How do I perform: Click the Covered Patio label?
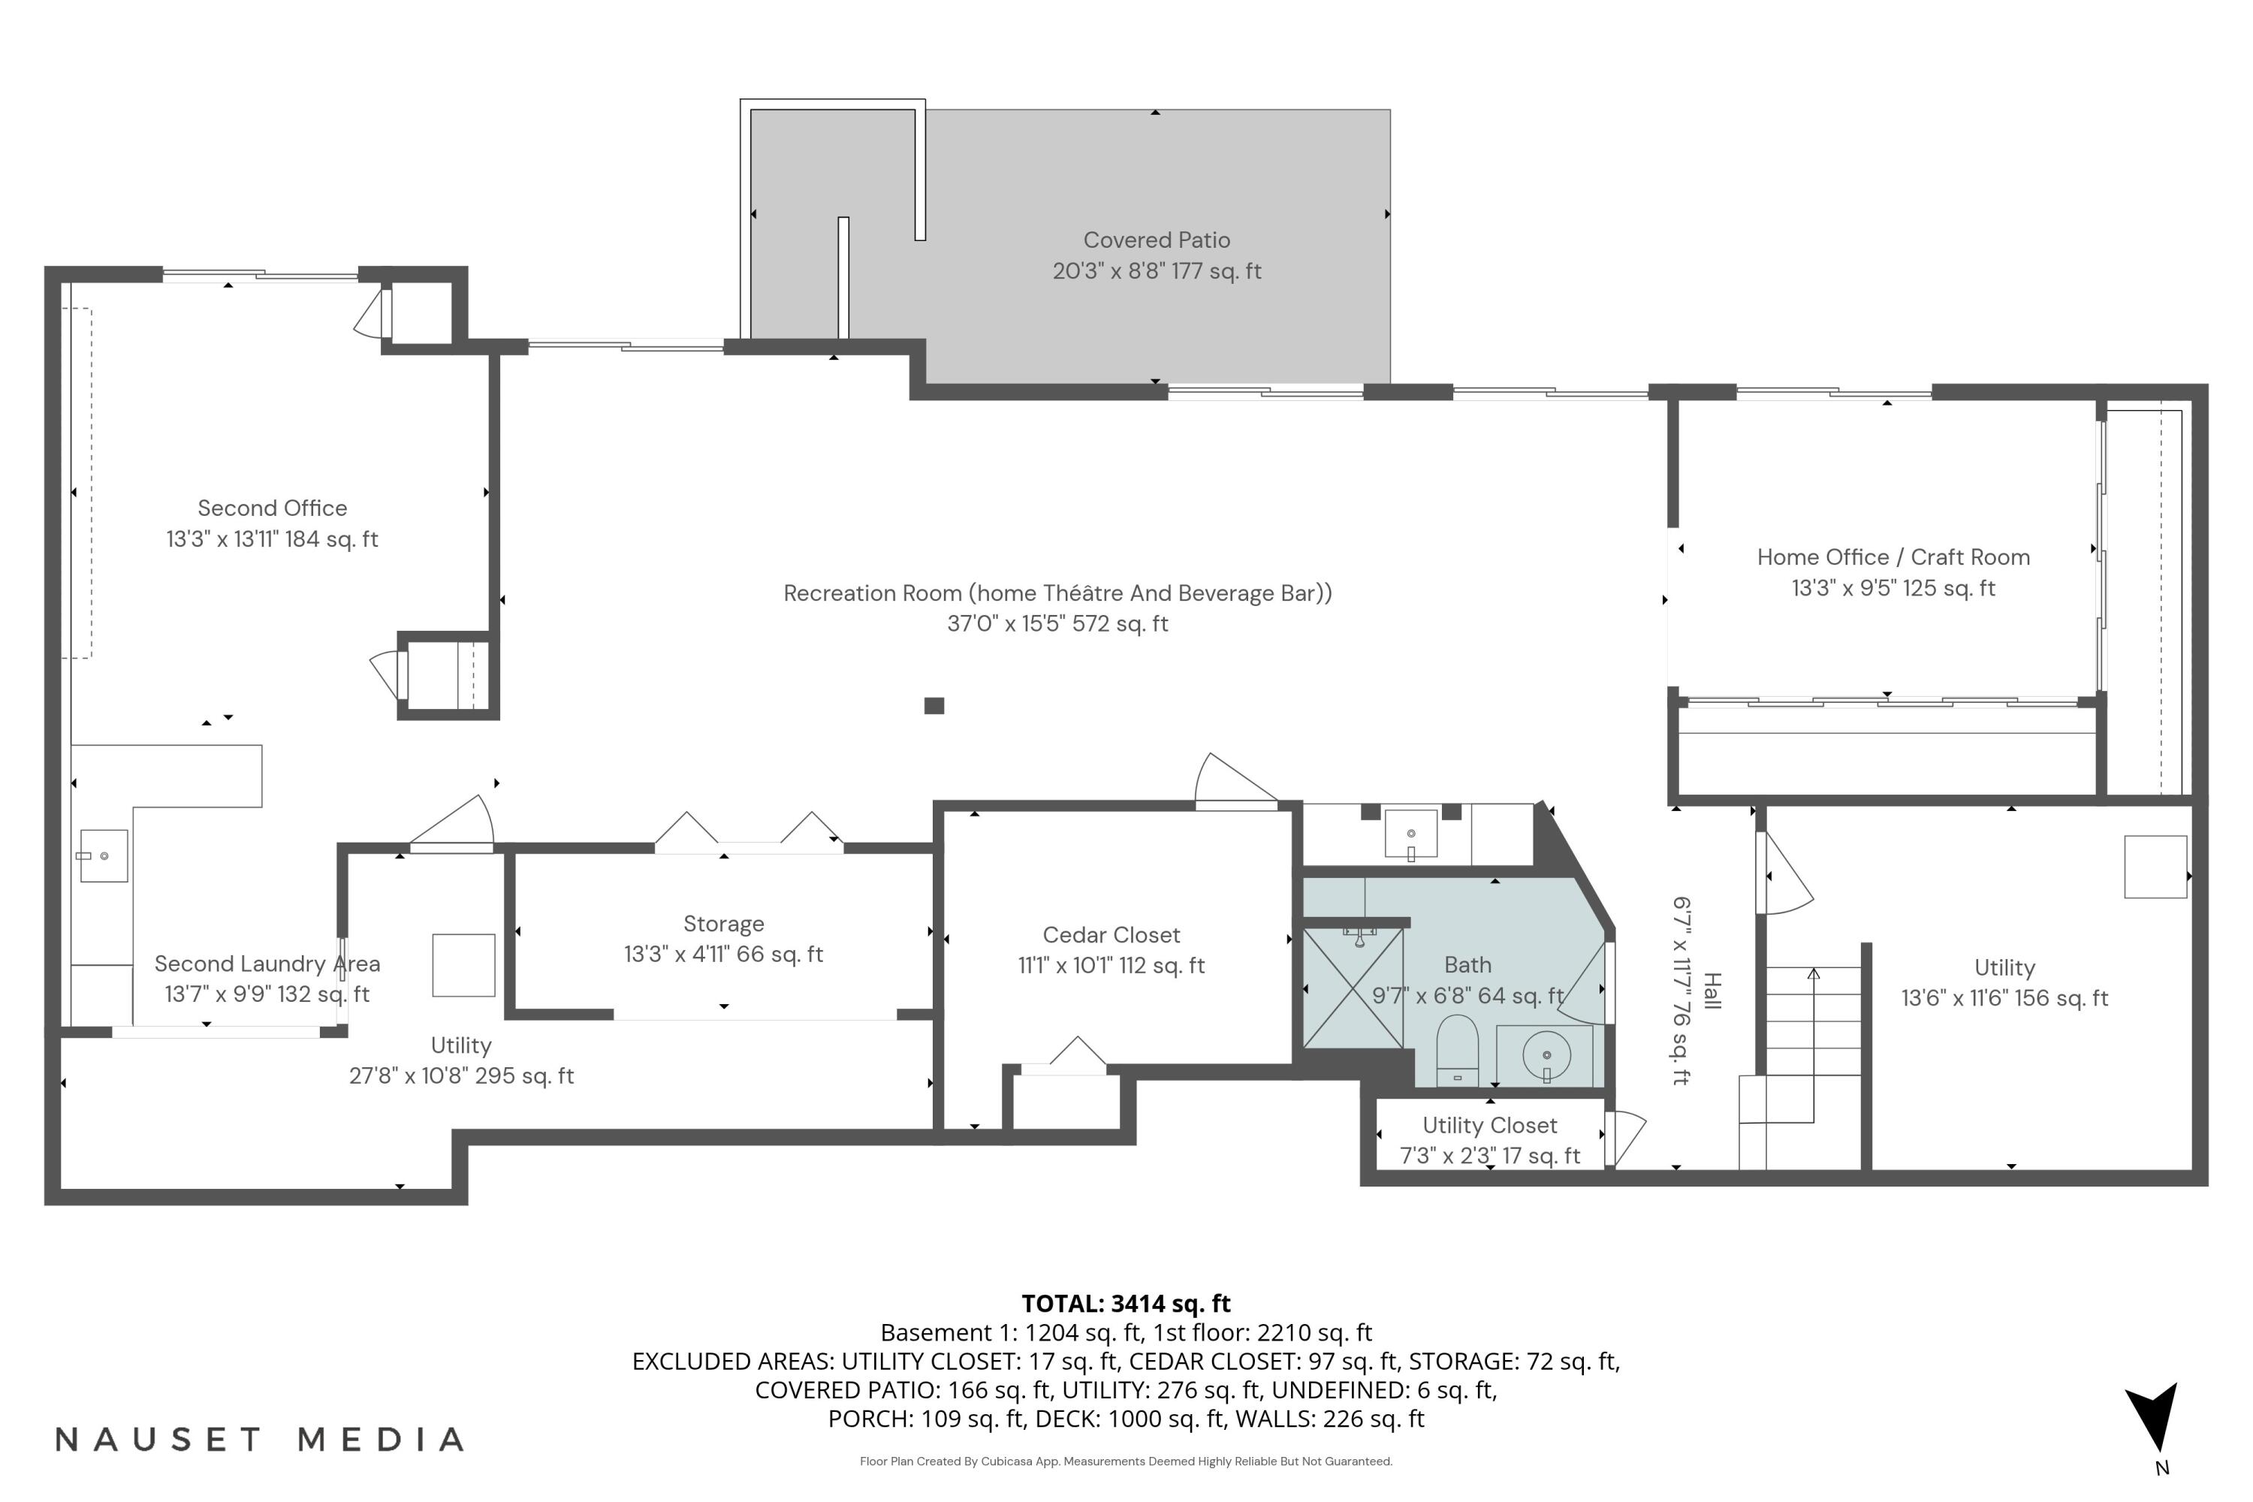(1157, 240)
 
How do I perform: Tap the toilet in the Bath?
(1457, 1050)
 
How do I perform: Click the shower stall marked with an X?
(1353, 988)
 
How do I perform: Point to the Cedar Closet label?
(1111, 935)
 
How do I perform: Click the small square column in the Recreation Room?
(934, 706)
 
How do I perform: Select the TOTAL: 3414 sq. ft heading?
(1126, 1304)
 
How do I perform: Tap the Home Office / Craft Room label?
(1893, 557)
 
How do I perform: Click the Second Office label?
(272, 508)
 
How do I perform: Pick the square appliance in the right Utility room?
(2155, 867)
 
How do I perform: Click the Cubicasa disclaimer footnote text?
(1126, 1461)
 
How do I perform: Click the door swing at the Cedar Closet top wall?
(1234, 781)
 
